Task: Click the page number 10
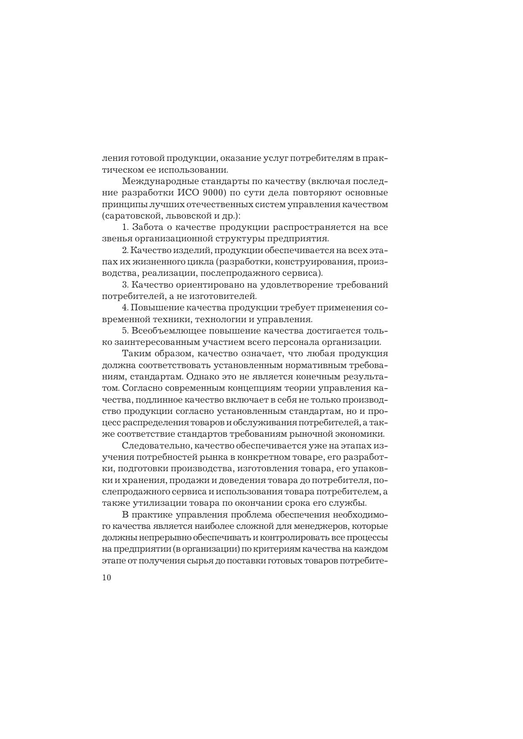coord(106,578)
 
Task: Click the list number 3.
coord(124,285)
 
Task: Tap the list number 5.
coord(124,331)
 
